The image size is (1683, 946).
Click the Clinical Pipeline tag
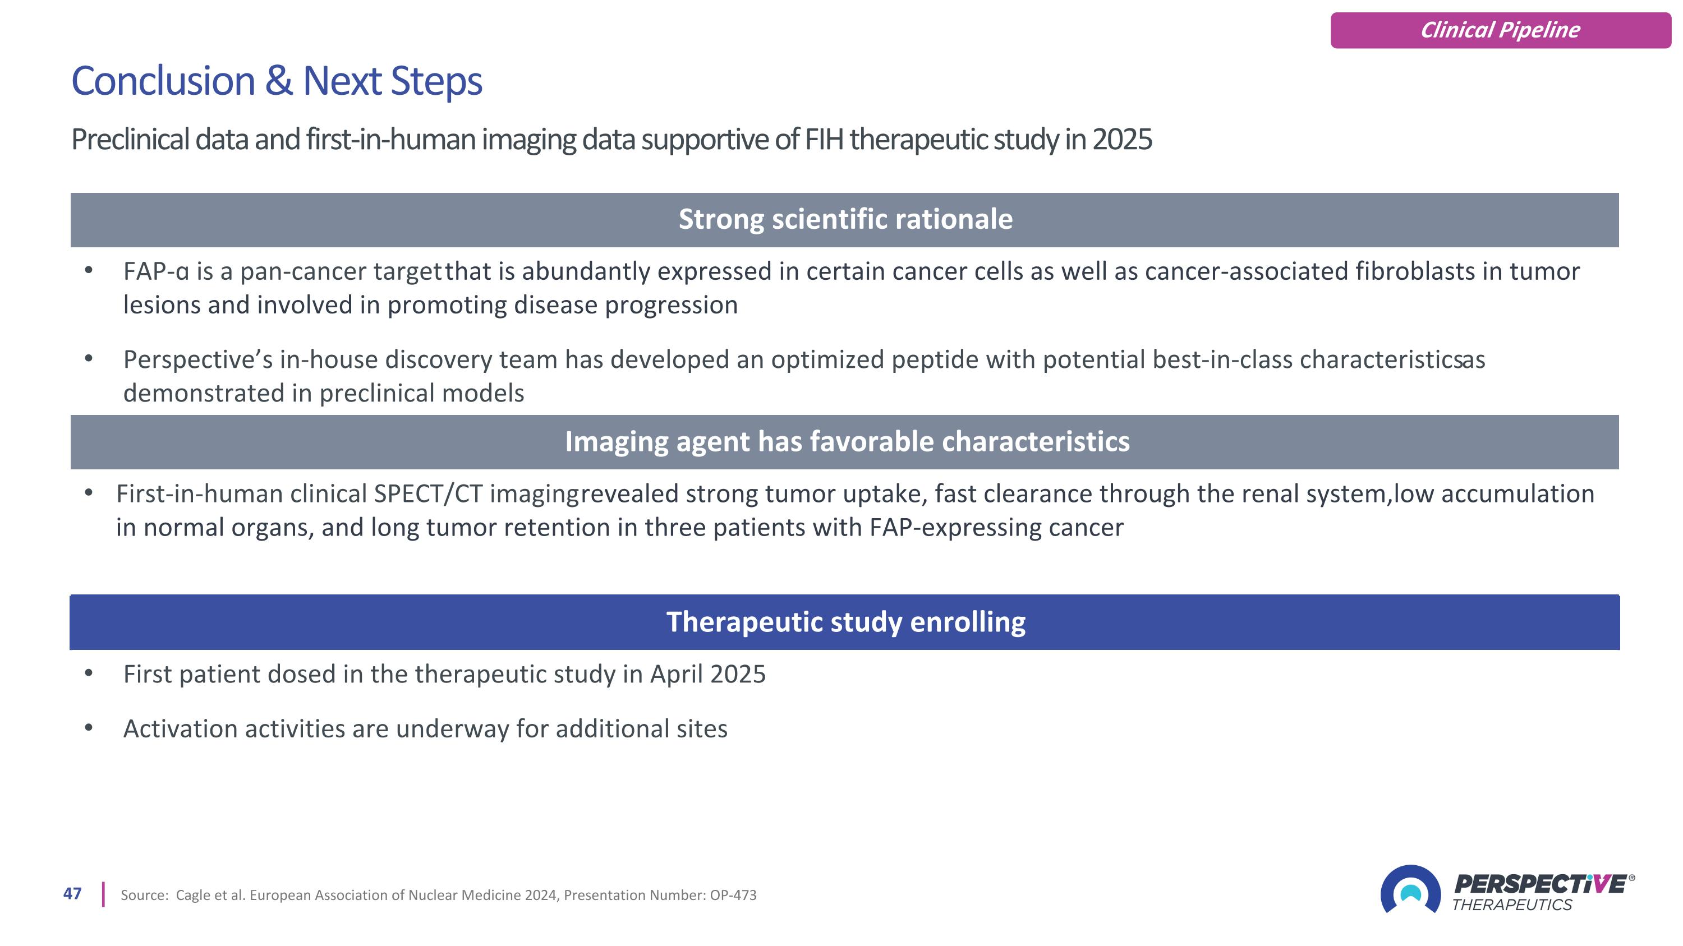[1501, 30]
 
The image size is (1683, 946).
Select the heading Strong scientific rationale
[845, 219]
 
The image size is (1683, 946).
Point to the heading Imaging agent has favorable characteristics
[847, 442]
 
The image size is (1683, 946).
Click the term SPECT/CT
[428, 494]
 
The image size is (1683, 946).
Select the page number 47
[72, 894]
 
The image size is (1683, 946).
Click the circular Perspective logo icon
[1410, 890]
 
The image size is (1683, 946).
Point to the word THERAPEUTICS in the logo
[1512, 905]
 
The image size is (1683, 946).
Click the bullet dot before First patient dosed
[89, 672]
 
